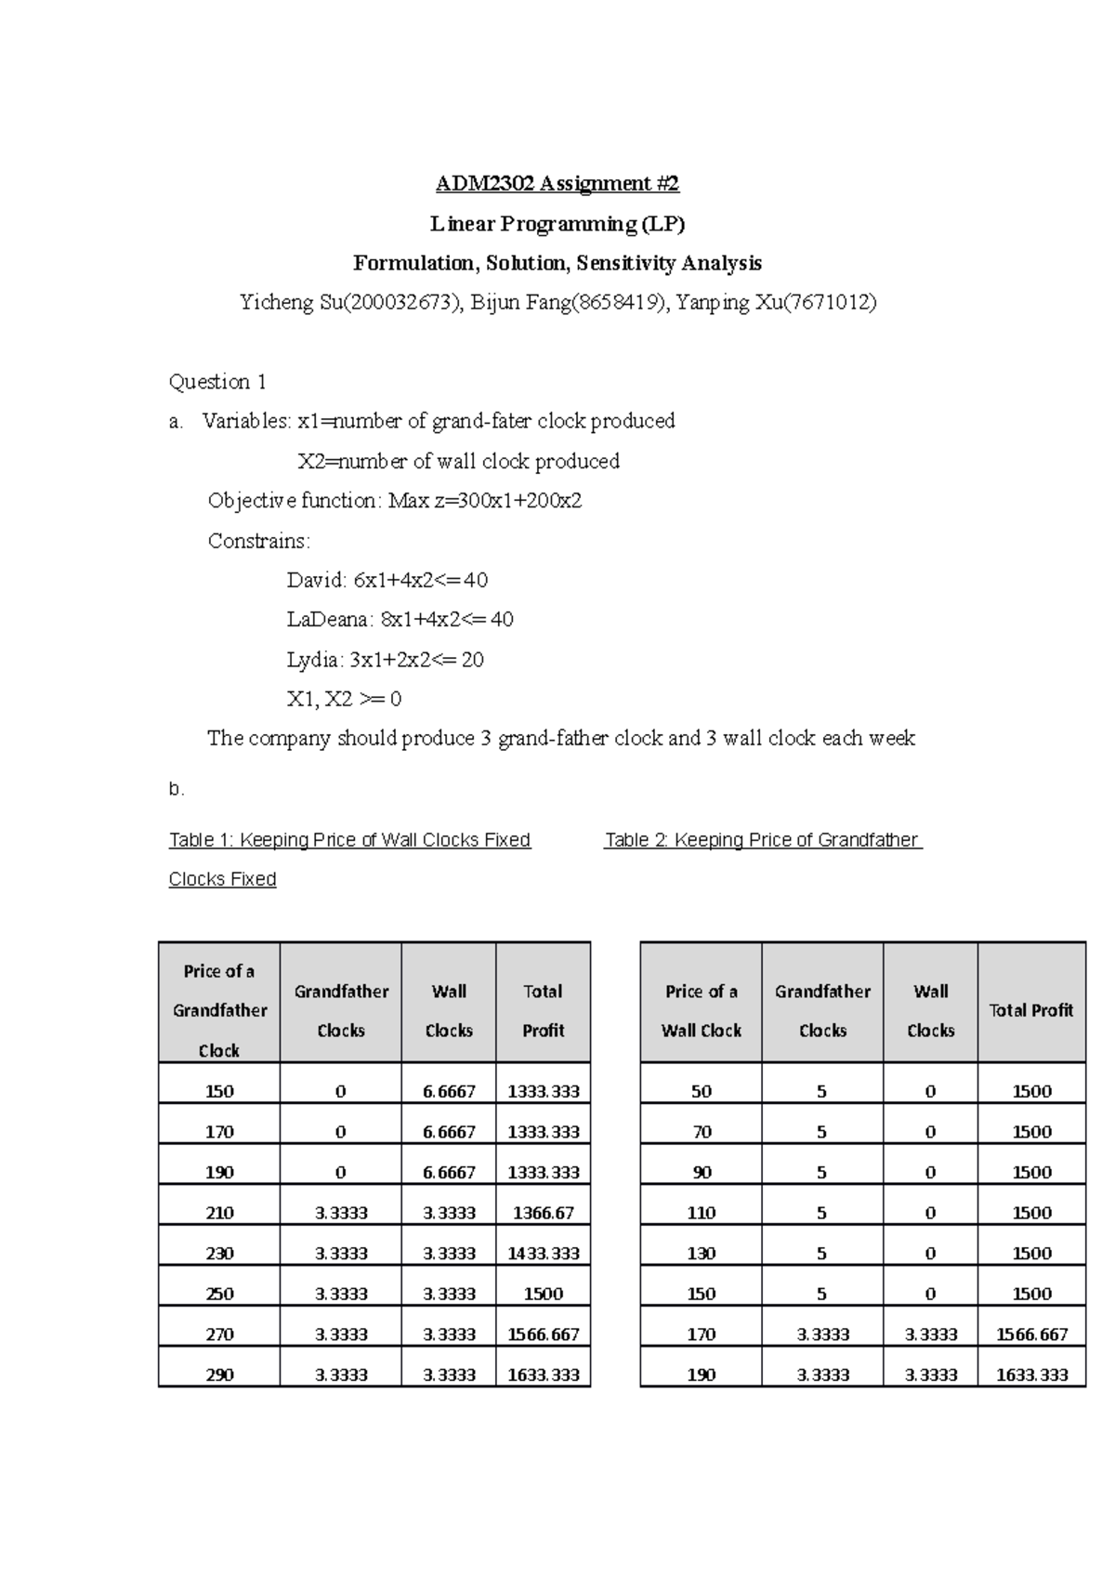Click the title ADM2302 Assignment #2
[557, 184]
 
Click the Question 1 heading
[217, 382]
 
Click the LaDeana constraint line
[400, 620]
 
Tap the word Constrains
[258, 541]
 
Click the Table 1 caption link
[349, 840]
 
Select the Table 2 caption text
[762, 840]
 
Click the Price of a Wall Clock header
[701, 1011]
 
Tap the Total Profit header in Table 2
[1030, 1010]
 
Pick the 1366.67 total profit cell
[543, 1213]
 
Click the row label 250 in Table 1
[219, 1294]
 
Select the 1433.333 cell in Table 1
[543, 1254]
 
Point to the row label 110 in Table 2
[701, 1213]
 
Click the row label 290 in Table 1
[219, 1374]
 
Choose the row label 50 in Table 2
[701, 1092]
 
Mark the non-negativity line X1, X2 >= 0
[344, 699]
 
